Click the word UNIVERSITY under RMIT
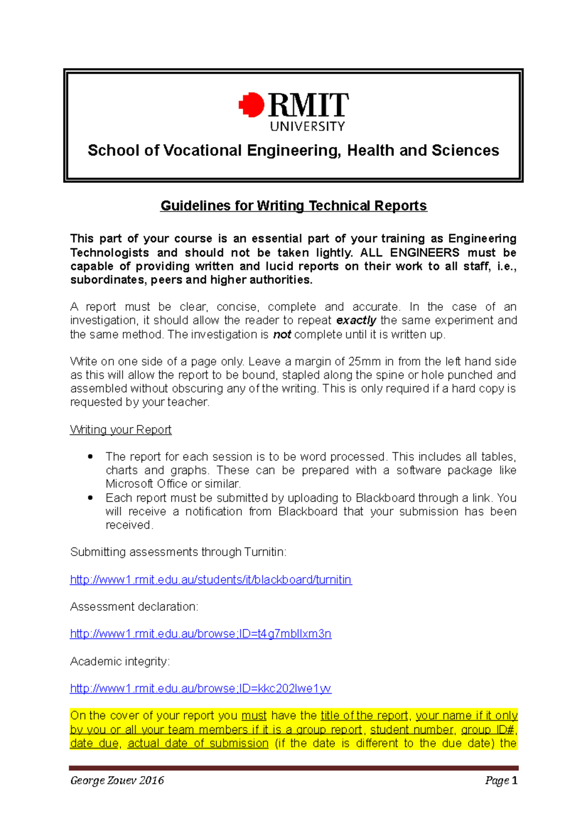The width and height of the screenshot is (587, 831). click(307, 127)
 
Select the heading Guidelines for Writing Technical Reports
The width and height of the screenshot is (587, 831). click(293, 206)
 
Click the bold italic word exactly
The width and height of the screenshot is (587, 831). click(356, 321)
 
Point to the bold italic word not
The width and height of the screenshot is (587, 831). click(282, 335)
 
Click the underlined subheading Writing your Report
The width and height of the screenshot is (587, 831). click(120, 430)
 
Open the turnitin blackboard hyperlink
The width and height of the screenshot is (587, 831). click(211, 580)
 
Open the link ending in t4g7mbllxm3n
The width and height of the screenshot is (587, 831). click(201, 634)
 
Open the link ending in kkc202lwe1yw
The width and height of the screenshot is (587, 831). click(201, 689)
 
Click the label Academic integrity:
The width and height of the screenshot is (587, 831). click(120, 661)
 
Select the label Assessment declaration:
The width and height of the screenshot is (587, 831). click(134, 607)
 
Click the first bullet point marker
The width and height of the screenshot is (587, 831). click(90, 457)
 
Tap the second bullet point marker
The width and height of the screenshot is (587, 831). click(90, 498)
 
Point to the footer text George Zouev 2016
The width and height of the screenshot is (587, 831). click(117, 780)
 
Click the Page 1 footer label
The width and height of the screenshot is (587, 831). click(501, 780)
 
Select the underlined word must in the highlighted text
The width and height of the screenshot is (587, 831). click(254, 716)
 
